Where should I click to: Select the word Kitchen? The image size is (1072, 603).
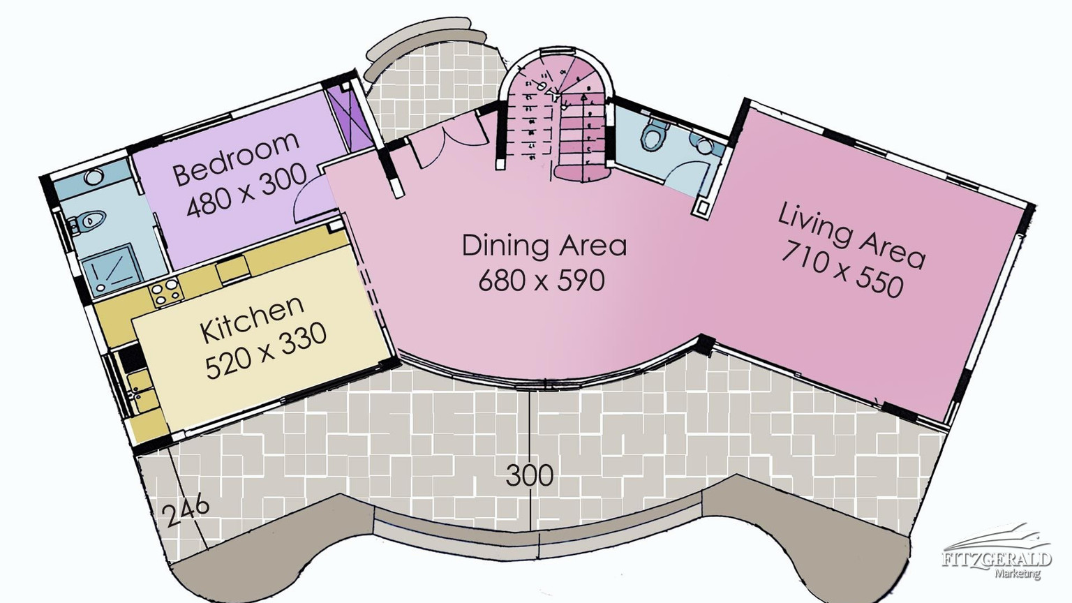(252, 320)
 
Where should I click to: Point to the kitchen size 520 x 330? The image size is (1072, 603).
(266, 352)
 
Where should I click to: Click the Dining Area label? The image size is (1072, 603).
(544, 246)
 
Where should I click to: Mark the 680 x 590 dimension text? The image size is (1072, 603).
(542, 281)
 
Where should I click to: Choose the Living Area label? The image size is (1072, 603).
(851, 235)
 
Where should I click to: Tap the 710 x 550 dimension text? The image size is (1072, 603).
(842, 270)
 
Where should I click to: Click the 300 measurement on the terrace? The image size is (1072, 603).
(529, 476)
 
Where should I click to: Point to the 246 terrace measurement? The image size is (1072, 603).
(185, 512)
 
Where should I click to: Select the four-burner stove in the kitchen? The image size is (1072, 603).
(165, 291)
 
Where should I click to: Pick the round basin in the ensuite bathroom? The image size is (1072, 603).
(93, 177)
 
